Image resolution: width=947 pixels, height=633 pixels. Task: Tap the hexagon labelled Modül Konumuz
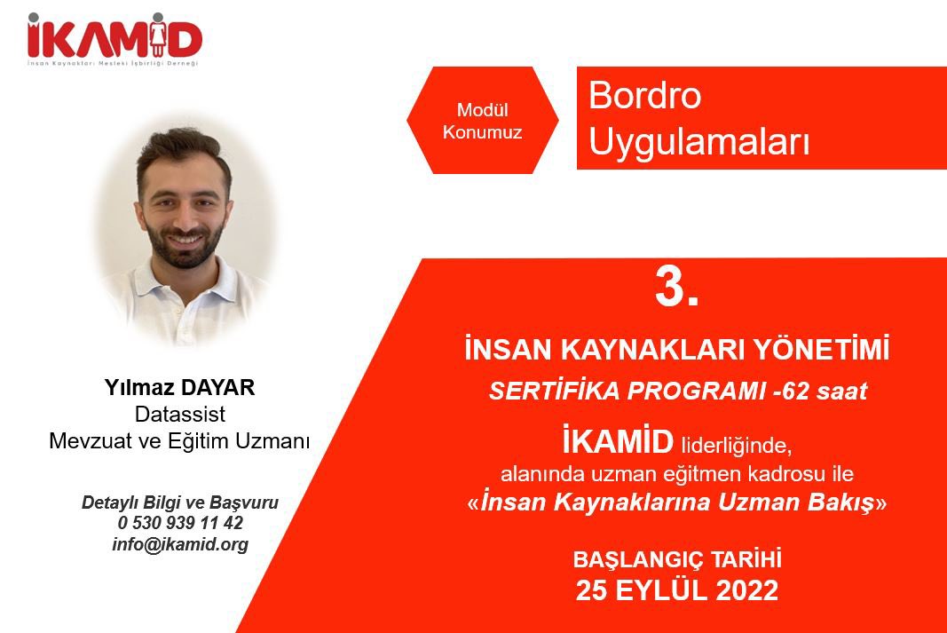pos(483,122)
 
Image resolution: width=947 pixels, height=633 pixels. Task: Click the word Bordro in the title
pos(644,96)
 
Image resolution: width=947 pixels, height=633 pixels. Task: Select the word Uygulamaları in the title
pos(699,142)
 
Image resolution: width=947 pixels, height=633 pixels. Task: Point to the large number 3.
pos(676,289)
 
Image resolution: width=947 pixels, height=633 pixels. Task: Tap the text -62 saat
pos(817,392)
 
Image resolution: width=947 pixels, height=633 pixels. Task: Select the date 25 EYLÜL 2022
pos(676,590)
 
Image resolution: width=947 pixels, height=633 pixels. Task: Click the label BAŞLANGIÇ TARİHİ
pos(676,560)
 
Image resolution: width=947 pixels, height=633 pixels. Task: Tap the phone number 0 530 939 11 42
pos(180,523)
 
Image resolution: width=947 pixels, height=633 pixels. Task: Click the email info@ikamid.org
pos(180,544)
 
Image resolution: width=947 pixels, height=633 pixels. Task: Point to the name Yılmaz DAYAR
pos(180,389)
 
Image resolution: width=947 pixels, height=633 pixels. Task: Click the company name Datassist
pos(180,414)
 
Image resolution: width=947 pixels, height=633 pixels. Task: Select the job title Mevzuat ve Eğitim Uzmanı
pos(180,440)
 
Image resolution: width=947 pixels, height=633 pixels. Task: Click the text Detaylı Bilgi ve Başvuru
pos(180,502)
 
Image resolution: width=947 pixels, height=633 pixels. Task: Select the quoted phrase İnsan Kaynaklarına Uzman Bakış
pos(676,502)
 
